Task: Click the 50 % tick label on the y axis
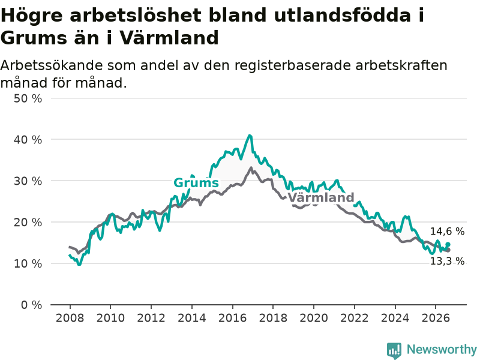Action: coord(28,98)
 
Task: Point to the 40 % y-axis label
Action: coord(28,140)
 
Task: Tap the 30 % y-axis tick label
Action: coord(28,181)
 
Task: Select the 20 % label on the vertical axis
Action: coord(28,222)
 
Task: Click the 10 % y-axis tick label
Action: coord(28,263)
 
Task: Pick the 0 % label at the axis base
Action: coord(32,305)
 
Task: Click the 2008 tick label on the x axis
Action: coord(70,318)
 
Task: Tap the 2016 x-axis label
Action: coord(232,318)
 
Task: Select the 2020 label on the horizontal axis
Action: coord(314,318)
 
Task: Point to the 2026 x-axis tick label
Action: coord(436,318)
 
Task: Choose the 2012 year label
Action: coord(151,318)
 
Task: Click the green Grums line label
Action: coord(196,183)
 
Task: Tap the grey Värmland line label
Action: coord(321,197)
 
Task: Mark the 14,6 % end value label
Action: coord(447,232)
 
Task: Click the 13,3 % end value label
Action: coord(447,261)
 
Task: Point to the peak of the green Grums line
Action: coord(250,136)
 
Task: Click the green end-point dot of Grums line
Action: coord(448,244)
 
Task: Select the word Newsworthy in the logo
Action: coord(442,349)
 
